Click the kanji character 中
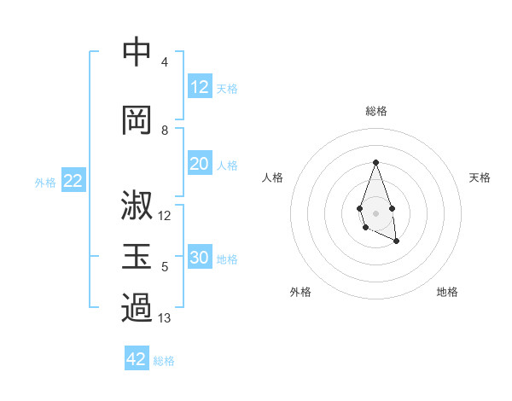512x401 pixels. (137, 53)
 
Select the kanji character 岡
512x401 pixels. (137, 119)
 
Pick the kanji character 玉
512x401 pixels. (137, 257)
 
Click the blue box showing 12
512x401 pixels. (200, 87)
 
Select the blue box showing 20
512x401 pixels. (200, 165)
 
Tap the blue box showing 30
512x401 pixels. (200, 259)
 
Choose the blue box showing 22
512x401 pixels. (73, 181)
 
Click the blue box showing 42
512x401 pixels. (137, 359)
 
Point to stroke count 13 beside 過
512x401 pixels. (165, 319)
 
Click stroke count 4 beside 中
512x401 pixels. (165, 62)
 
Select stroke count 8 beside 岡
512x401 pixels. (165, 131)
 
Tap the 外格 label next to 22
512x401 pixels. (45, 183)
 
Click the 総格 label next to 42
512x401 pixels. (164, 361)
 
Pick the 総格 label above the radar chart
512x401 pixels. (375, 111)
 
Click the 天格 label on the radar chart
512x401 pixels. (480, 177)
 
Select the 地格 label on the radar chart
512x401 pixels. (447, 293)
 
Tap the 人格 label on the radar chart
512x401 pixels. (273, 177)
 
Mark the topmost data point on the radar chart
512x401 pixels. (375, 162)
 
